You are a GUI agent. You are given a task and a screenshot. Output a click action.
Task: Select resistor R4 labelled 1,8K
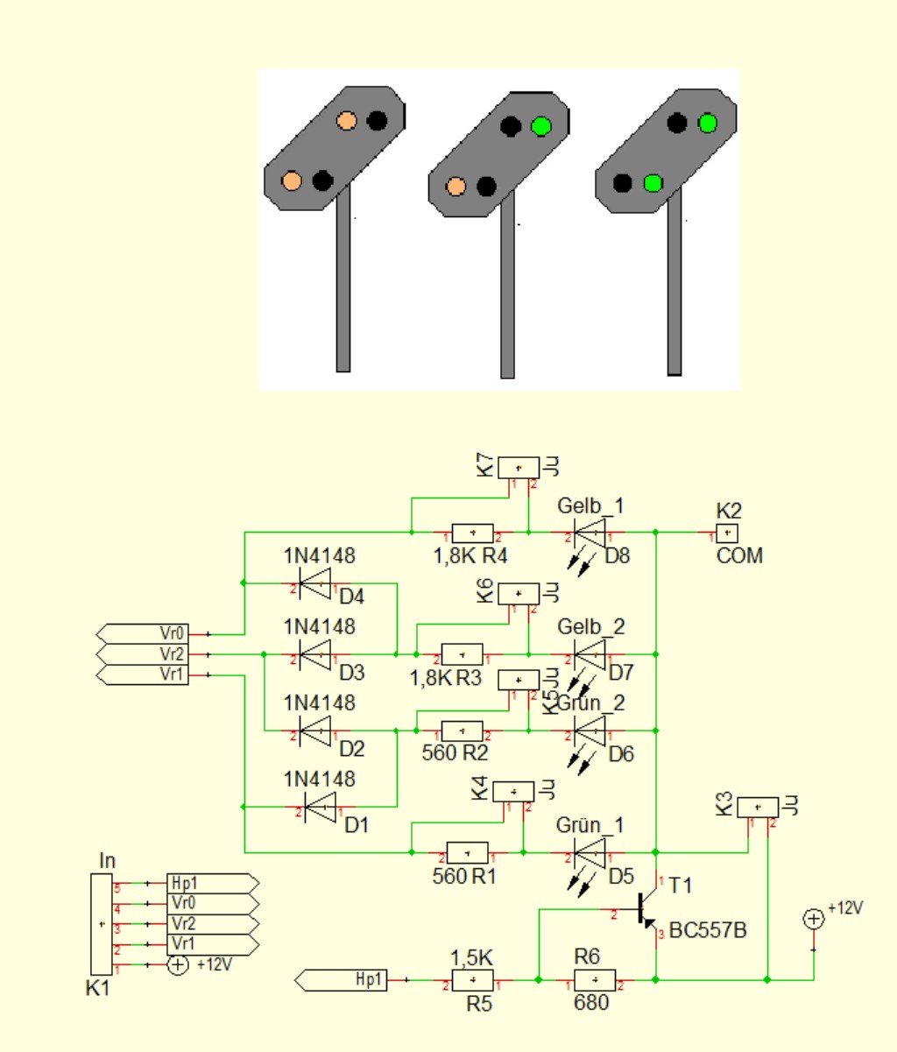pyautogui.click(x=472, y=533)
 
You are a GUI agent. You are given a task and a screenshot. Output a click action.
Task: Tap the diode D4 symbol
pyautogui.click(x=315, y=582)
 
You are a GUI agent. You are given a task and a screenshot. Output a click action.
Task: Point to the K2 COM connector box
pyautogui.click(x=728, y=533)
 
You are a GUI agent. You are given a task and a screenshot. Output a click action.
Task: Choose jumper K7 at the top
pyautogui.click(x=519, y=467)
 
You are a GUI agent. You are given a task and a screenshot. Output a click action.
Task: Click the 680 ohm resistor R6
pyautogui.click(x=595, y=980)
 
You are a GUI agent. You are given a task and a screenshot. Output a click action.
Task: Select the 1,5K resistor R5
pyautogui.click(x=472, y=980)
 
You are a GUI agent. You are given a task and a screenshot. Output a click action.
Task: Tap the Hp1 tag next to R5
pyautogui.click(x=355, y=980)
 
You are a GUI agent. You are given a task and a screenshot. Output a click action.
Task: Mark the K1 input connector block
pyautogui.click(x=102, y=924)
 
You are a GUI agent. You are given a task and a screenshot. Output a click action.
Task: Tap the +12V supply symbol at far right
pyautogui.click(x=813, y=919)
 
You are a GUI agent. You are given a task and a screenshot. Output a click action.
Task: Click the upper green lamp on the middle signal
pyautogui.click(x=541, y=126)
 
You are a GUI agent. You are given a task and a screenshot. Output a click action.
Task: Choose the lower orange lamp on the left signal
pyautogui.click(x=292, y=180)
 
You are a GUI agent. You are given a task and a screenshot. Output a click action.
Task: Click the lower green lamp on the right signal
pyautogui.click(x=652, y=183)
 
